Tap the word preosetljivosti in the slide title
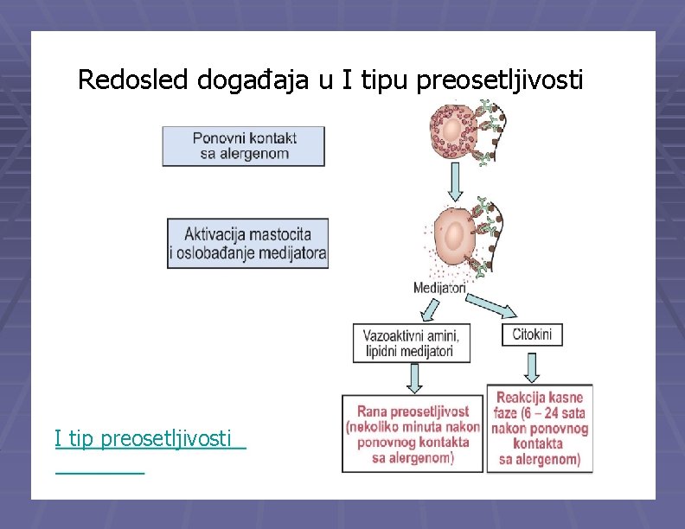[x=500, y=80]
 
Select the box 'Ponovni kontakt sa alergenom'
[x=244, y=146]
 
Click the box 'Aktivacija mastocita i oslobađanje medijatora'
[x=247, y=243]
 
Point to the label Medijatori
[x=439, y=288]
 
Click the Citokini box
[x=532, y=335]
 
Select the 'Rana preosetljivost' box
[x=413, y=433]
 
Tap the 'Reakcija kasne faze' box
[x=540, y=429]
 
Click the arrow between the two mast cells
[x=456, y=180]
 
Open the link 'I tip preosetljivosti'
[x=144, y=439]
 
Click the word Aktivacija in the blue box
[x=214, y=233]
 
